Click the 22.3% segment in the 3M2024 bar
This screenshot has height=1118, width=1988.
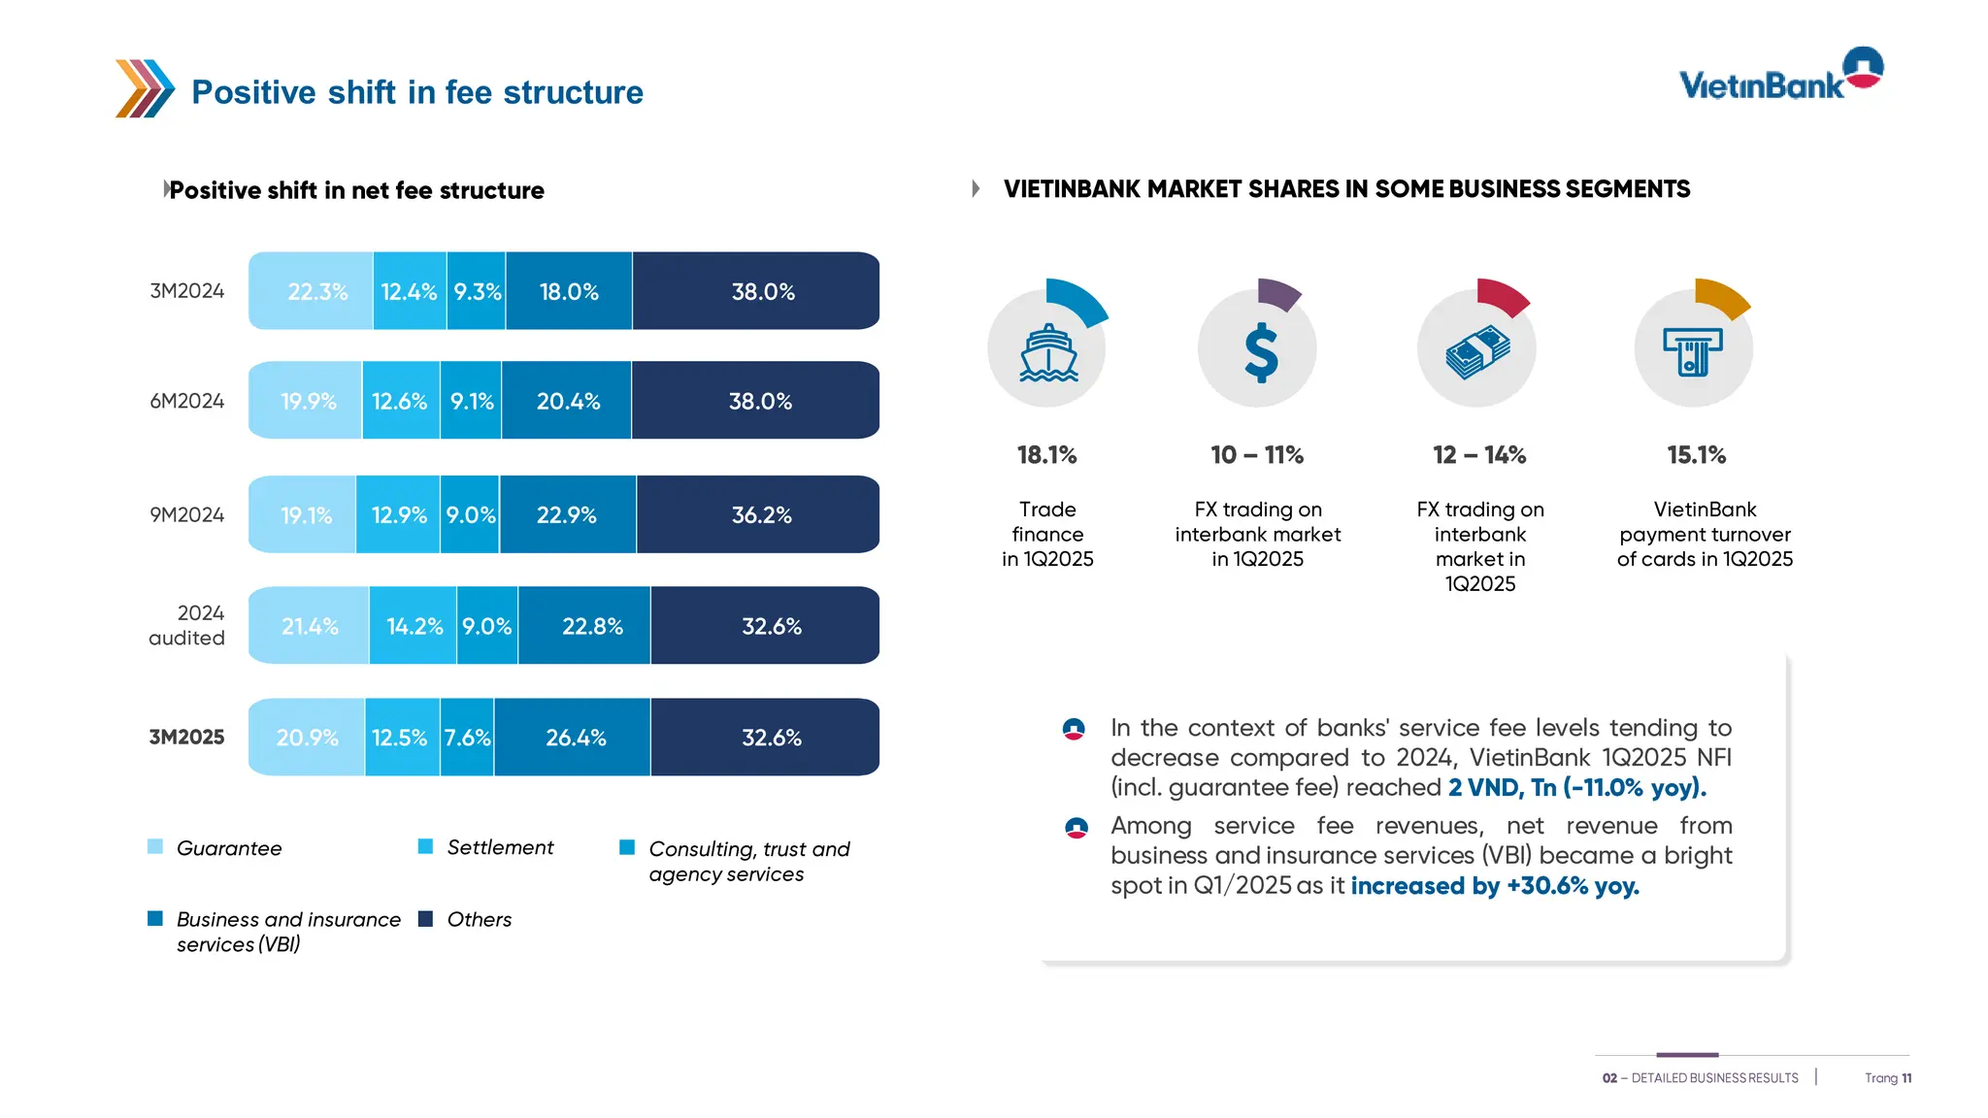(312, 291)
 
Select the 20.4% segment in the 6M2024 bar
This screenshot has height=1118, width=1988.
(567, 401)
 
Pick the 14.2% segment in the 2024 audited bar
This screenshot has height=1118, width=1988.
(414, 626)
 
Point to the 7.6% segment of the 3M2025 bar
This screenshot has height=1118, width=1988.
(467, 738)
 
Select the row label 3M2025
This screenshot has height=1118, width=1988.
(186, 737)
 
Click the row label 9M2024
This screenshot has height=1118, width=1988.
(186, 515)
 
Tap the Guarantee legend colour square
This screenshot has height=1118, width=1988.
(155, 846)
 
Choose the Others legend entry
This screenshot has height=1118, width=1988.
(479, 919)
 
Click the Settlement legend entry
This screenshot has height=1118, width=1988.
(499, 847)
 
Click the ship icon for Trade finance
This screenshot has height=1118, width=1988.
(1047, 351)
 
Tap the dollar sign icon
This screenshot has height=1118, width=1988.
(1259, 351)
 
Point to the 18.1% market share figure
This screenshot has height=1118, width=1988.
(1046, 455)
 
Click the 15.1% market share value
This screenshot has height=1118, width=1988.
(1696, 455)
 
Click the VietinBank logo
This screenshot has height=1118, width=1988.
(1779, 76)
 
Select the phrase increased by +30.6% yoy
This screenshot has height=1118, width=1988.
(1494, 886)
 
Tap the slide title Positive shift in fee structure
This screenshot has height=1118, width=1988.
(416, 92)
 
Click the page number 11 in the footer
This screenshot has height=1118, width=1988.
(1906, 1078)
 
